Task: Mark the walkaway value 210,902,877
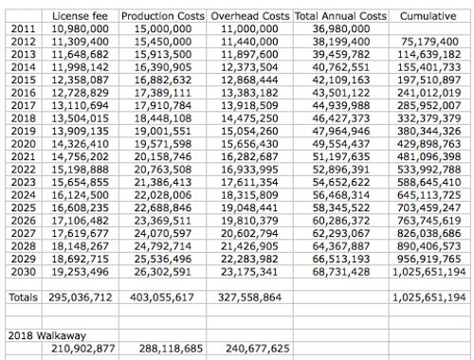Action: click(81, 348)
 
